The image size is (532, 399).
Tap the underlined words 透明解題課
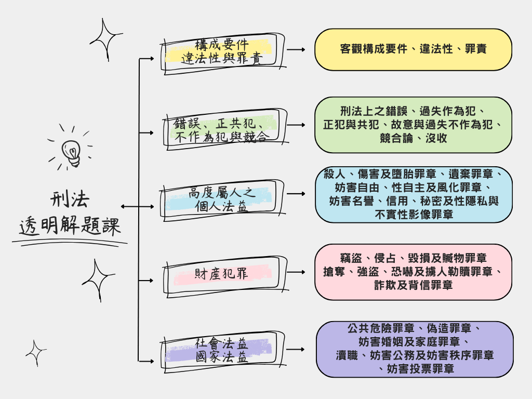[70, 227]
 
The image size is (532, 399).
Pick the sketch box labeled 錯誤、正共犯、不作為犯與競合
[222, 130]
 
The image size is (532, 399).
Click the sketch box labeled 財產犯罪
[222, 274]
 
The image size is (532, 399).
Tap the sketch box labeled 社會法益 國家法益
[222, 351]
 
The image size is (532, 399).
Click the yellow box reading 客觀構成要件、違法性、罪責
[413, 49]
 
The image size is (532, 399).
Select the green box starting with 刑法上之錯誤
[413, 125]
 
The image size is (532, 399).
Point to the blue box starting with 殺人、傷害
[414, 194]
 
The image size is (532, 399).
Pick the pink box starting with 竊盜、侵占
[413, 272]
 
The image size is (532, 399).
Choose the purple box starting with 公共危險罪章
[413, 349]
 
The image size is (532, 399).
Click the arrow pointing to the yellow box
[297, 50]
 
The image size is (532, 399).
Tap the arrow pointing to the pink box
[297, 272]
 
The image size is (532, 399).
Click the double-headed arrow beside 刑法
[130, 207]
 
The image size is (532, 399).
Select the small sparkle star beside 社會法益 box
[36, 353]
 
